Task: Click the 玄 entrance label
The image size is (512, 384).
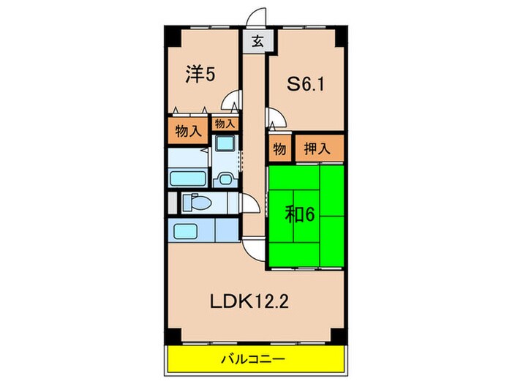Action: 257,42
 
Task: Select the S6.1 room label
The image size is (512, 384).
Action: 306,85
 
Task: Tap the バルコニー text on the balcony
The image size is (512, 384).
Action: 255,359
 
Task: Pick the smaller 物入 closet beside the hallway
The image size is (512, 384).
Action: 224,124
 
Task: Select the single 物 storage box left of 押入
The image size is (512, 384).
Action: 279,148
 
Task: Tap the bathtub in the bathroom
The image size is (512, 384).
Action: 189,178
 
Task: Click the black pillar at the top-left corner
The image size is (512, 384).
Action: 170,34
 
